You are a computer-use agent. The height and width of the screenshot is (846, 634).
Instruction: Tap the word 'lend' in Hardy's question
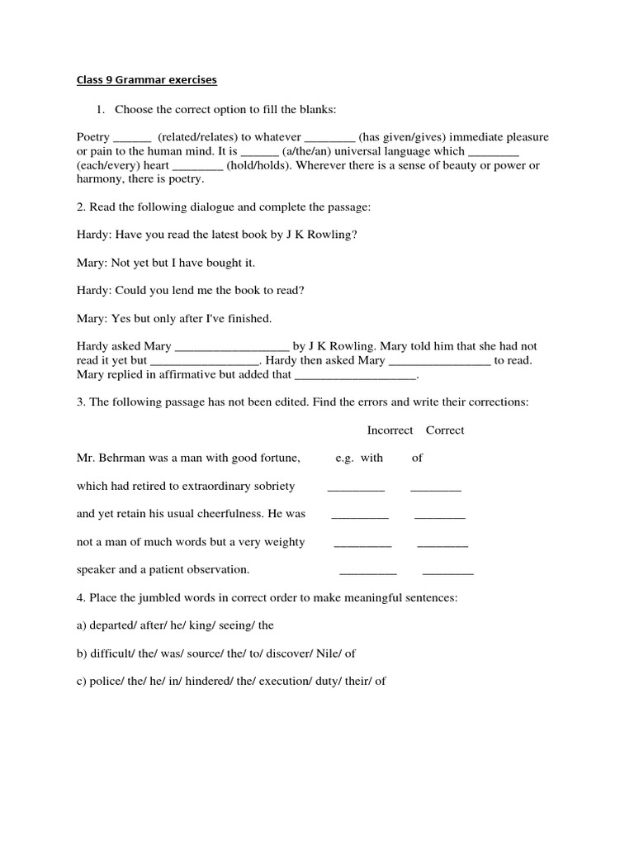tap(183, 291)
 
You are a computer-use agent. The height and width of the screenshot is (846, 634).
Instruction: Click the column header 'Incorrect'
tap(390, 430)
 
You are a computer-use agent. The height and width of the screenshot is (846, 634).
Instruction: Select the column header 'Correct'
tap(445, 430)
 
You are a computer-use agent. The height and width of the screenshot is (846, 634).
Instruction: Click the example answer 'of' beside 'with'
tap(418, 459)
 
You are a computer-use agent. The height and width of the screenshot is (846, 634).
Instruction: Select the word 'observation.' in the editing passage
tap(217, 570)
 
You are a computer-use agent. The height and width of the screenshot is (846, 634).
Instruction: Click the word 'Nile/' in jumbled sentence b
tap(329, 654)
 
